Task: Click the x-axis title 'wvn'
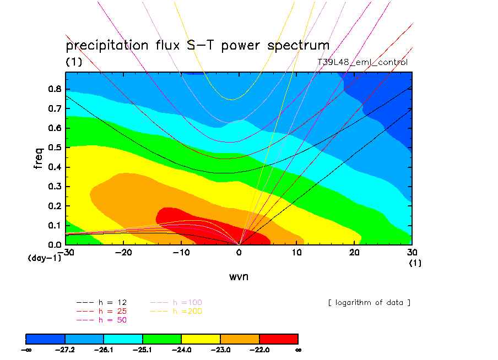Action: pos(239,276)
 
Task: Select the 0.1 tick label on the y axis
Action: pos(55,225)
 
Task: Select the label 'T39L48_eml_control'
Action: pos(362,62)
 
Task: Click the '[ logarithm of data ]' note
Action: pos(369,303)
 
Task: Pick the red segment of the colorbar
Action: pos(278,338)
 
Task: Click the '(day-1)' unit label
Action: pos(44,257)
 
